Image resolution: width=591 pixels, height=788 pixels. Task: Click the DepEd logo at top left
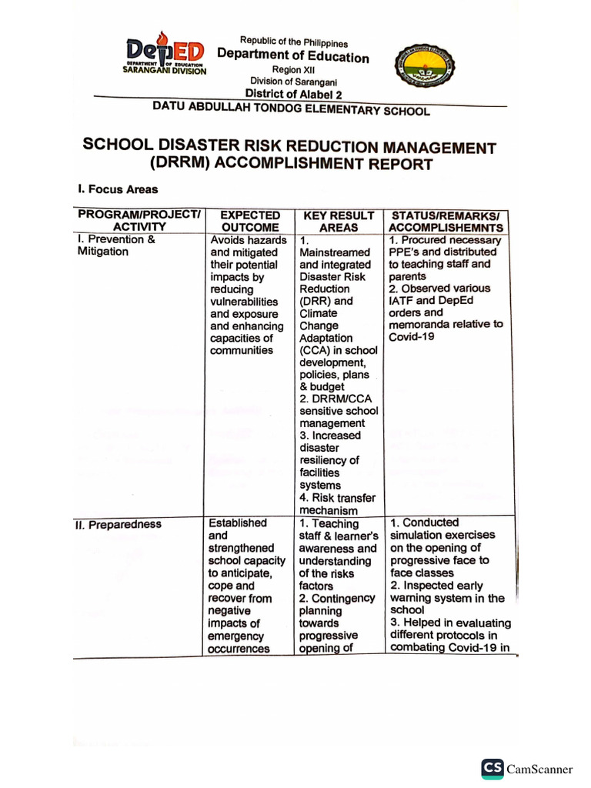pyautogui.click(x=165, y=54)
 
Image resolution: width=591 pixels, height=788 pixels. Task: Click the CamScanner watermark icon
pyautogui.click(x=492, y=769)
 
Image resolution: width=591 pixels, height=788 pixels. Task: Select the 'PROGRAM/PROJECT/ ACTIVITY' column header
pyautogui.click(x=139, y=221)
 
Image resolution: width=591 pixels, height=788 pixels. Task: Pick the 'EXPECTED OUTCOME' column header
pyautogui.click(x=250, y=221)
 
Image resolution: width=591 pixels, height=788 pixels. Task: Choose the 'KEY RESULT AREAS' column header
pyautogui.click(x=339, y=222)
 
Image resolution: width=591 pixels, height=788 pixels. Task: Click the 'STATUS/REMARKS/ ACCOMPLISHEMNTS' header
pyautogui.click(x=446, y=222)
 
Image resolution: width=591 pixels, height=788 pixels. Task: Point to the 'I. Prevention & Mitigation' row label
pyautogui.click(x=116, y=245)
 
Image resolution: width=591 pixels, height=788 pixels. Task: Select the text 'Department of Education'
pyautogui.click(x=293, y=56)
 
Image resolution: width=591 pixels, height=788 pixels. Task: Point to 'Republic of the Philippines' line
pyautogui.click(x=294, y=42)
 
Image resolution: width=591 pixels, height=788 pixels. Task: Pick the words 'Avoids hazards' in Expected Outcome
pyautogui.click(x=249, y=240)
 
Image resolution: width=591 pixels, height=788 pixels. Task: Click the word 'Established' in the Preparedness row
pyautogui.click(x=238, y=523)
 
